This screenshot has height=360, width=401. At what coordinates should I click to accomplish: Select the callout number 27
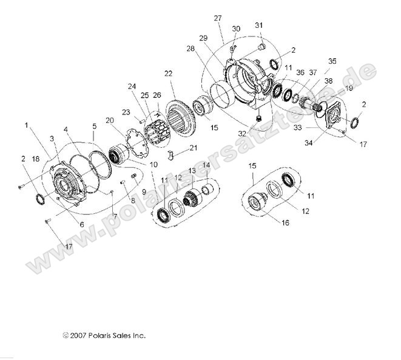coord(218,18)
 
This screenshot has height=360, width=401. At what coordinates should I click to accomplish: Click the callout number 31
coord(259,25)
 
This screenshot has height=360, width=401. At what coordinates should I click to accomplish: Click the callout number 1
coord(26,125)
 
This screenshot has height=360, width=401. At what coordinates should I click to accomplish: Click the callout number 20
coord(126,121)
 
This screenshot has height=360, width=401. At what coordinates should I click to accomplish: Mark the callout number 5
coord(94,127)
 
